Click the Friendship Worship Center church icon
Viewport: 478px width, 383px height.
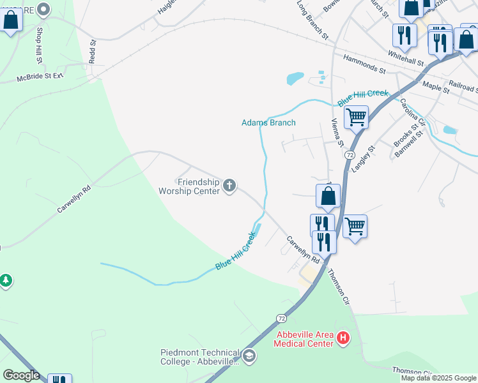[229, 186]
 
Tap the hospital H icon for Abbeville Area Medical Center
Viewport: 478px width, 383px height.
[343, 337]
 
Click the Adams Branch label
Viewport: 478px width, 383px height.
[268, 123]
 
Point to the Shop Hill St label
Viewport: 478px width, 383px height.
[39, 46]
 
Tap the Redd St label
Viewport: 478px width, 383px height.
[93, 52]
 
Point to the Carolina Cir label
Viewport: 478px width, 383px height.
[413, 112]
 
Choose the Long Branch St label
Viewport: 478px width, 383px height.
[312, 19]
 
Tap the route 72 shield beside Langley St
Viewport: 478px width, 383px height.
[350, 155]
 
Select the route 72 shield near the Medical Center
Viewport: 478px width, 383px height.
[281, 318]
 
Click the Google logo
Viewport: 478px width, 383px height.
[21, 375]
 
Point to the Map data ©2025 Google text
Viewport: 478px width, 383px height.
[438, 378]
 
